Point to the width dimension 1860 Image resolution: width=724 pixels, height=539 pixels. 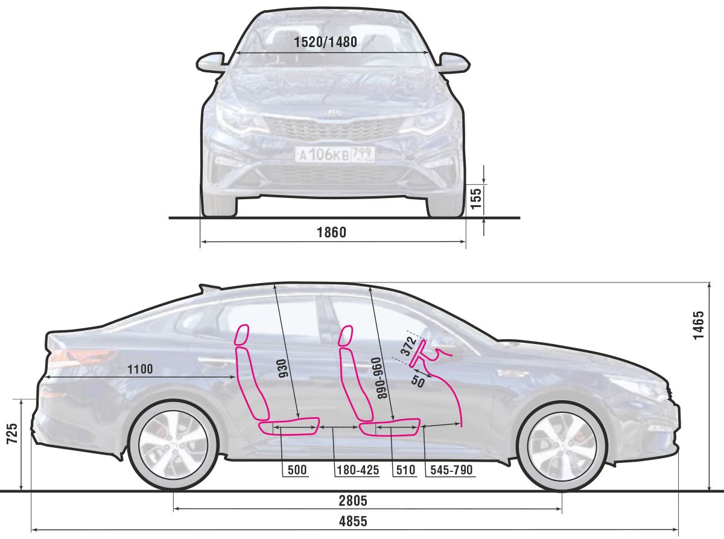tap(331, 232)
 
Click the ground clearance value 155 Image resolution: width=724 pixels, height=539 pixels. tap(475, 197)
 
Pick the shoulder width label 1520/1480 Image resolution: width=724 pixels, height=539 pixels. tap(326, 42)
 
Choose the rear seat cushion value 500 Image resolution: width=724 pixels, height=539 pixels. tap(297, 470)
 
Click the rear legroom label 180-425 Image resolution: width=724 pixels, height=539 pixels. tap(357, 470)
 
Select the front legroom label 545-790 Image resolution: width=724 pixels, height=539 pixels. tap(449, 470)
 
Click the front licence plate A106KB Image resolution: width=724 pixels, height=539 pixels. tap(334, 155)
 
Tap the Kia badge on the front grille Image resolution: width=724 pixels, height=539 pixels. tap(333, 113)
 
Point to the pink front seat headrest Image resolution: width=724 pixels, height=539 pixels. tap(346, 336)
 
